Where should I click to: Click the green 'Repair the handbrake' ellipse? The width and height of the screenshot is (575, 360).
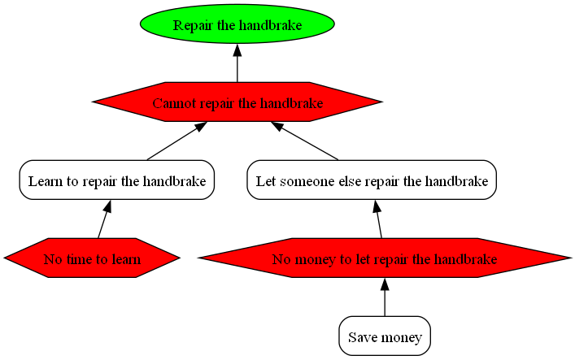tap(237, 24)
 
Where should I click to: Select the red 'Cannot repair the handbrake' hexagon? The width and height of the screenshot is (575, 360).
tap(237, 102)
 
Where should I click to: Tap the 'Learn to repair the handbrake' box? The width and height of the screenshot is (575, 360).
tap(116, 180)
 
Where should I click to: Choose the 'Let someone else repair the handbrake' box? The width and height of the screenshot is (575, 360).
tap(372, 180)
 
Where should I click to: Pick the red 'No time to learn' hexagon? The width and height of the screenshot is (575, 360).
tap(92, 259)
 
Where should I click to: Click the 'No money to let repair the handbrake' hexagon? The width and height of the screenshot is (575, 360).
tap(385, 259)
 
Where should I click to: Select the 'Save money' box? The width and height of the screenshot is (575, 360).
tap(385, 336)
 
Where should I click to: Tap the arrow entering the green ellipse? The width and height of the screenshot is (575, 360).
tap(237, 63)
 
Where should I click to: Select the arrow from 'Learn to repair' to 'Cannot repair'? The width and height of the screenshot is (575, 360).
tap(174, 141)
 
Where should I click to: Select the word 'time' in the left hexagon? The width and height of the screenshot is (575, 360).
tap(77, 260)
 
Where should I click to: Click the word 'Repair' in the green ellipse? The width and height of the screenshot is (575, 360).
tap(192, 25)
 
